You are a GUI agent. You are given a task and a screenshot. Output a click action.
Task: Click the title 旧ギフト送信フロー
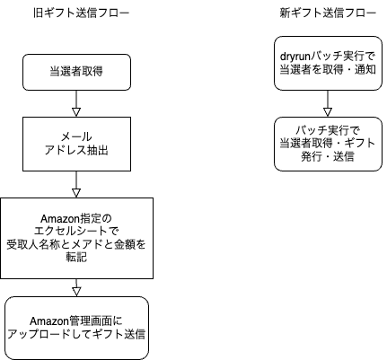coord(81,13)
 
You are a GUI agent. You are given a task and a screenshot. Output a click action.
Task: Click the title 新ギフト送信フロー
coord(328,13)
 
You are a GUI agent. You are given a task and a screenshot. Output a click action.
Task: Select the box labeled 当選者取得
coord(76,72)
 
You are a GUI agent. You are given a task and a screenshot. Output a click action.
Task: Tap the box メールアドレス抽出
coord(76,144)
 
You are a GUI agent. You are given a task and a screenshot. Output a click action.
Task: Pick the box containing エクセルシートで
coord(76,238)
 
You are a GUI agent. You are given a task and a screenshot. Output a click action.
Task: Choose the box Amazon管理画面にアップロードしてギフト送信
coord(76,328)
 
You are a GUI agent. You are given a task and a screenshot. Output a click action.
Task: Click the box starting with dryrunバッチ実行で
coord(328,63)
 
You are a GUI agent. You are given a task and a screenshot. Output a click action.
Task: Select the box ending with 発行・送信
coord(328,144)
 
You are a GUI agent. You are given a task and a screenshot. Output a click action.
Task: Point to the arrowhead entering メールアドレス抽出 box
coord(76,112)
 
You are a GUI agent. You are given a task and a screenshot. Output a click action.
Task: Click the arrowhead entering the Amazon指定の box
coord(76,193)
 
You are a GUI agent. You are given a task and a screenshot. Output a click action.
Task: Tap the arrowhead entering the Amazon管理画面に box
coord(76,292)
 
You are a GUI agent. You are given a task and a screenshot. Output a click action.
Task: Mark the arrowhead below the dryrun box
coord(328,112)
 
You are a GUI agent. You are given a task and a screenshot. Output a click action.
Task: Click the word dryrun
coord(295,57)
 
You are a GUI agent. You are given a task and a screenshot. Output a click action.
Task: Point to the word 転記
coord(76,258)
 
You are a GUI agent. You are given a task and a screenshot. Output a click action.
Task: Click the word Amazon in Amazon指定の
coord(59,219)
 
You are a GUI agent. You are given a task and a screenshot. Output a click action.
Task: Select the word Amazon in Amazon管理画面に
coord(49,321)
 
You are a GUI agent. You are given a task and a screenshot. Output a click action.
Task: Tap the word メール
coord(76,137)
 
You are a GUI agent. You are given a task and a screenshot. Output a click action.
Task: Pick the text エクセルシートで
coord(76,232)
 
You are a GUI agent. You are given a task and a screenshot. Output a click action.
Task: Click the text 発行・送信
coord(328,157)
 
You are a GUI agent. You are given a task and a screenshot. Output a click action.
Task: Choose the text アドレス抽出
coord(76,150)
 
